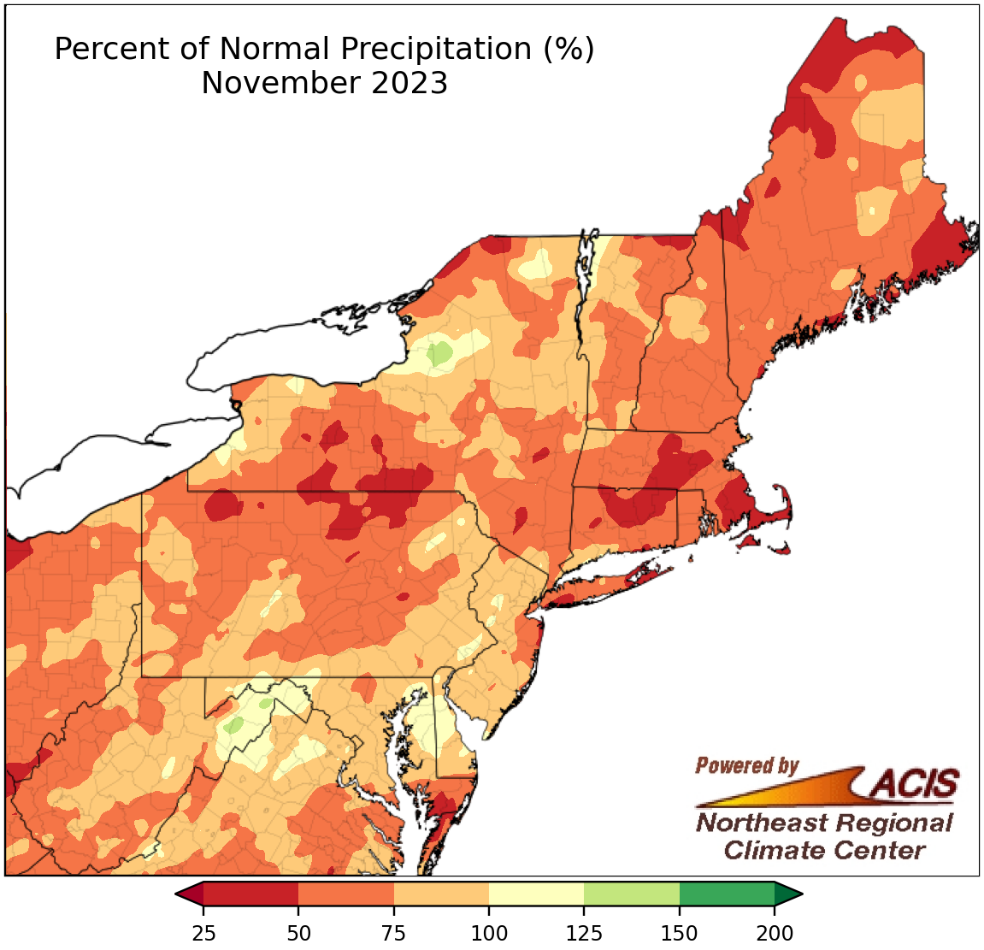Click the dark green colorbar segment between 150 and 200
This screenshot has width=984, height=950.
(727, 894)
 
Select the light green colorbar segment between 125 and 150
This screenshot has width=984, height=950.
(632, 894)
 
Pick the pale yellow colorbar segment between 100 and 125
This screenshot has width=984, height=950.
(537, 894)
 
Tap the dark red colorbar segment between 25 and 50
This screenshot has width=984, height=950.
(251, 894)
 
